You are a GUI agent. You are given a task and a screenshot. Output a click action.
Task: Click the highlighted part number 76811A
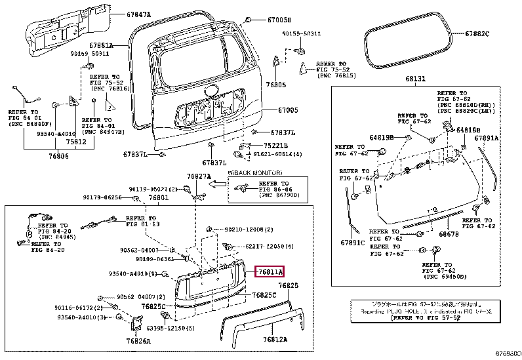[x=270, y=271]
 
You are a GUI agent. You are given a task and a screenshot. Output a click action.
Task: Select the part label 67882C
[x=477, y=33]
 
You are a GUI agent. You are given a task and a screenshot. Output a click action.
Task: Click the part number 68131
[x=414, y=79]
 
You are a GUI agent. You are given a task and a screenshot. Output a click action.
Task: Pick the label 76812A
[x=276, y=340]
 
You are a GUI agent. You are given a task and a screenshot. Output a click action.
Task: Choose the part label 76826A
[x=139, y=340]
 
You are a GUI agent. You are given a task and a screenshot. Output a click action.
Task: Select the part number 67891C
[x=351, y=242]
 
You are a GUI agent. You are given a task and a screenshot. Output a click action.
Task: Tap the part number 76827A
[x=198, y=176]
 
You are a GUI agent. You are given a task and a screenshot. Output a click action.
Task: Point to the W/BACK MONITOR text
[x=249, y=172]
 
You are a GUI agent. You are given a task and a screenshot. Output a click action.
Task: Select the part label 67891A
[x=487, y=138]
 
